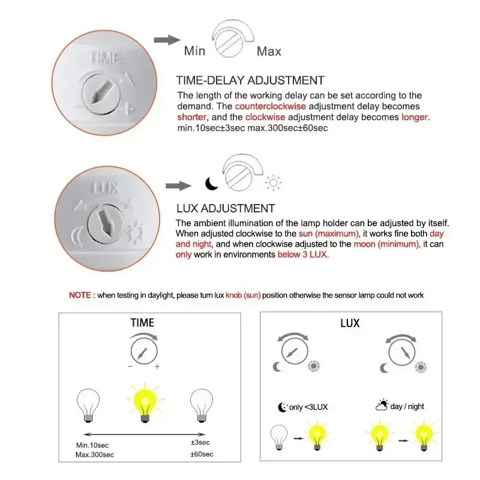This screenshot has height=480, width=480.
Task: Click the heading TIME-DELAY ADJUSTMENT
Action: pos(250,80)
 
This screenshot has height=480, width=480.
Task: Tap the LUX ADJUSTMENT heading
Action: pos(225,208)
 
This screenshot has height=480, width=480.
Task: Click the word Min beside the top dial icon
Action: pos(194,51)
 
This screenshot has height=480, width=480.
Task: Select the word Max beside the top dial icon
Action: pos(269,51)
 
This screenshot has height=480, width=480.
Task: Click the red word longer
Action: pos(415,117)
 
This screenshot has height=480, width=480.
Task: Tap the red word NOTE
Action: pos(79,295)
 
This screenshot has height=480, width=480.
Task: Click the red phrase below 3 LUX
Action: pos(302,254)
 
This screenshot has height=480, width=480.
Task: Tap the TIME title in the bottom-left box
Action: pos(142,323)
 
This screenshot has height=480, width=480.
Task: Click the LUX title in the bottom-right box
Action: pos(350,323)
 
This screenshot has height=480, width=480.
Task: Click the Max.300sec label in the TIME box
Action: pos(96,454)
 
